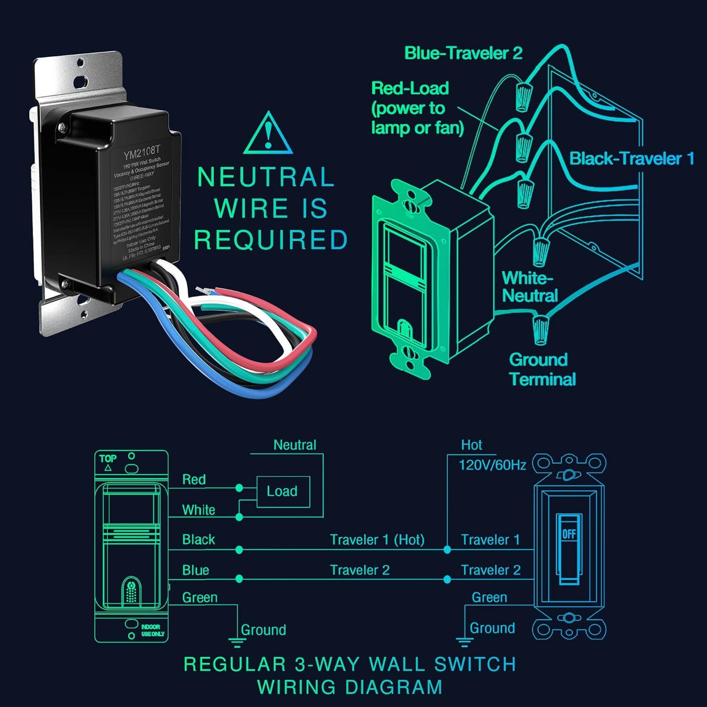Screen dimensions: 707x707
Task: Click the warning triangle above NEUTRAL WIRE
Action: tap(268, 133)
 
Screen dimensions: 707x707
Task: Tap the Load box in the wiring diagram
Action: tap(283, 492)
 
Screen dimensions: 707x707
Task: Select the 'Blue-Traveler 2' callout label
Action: tap(463, 53)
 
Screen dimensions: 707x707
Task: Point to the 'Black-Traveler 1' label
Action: tap(632, 158)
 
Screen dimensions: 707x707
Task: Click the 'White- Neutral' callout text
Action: tap(529, 287)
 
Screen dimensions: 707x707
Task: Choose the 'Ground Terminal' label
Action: tap(542, 370)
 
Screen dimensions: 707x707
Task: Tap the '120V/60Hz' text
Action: tap(492, 465)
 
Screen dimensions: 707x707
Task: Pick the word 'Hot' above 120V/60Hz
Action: tap(471, 445)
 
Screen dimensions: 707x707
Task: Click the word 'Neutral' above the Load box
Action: tap(295, 445)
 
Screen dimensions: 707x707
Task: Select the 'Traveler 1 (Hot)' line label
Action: tap(377, 540)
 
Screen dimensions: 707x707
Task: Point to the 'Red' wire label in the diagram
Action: tap(194, 480)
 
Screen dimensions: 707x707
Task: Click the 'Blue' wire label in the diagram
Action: tap(195, 570)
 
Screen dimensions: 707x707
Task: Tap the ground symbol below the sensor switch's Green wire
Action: tap(234, 641)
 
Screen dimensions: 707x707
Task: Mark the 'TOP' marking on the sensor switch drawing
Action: tap(108, 458)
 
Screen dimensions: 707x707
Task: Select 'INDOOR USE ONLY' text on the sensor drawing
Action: tap(153, 630)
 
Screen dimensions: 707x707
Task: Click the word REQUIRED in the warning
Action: tap(271, 240)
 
